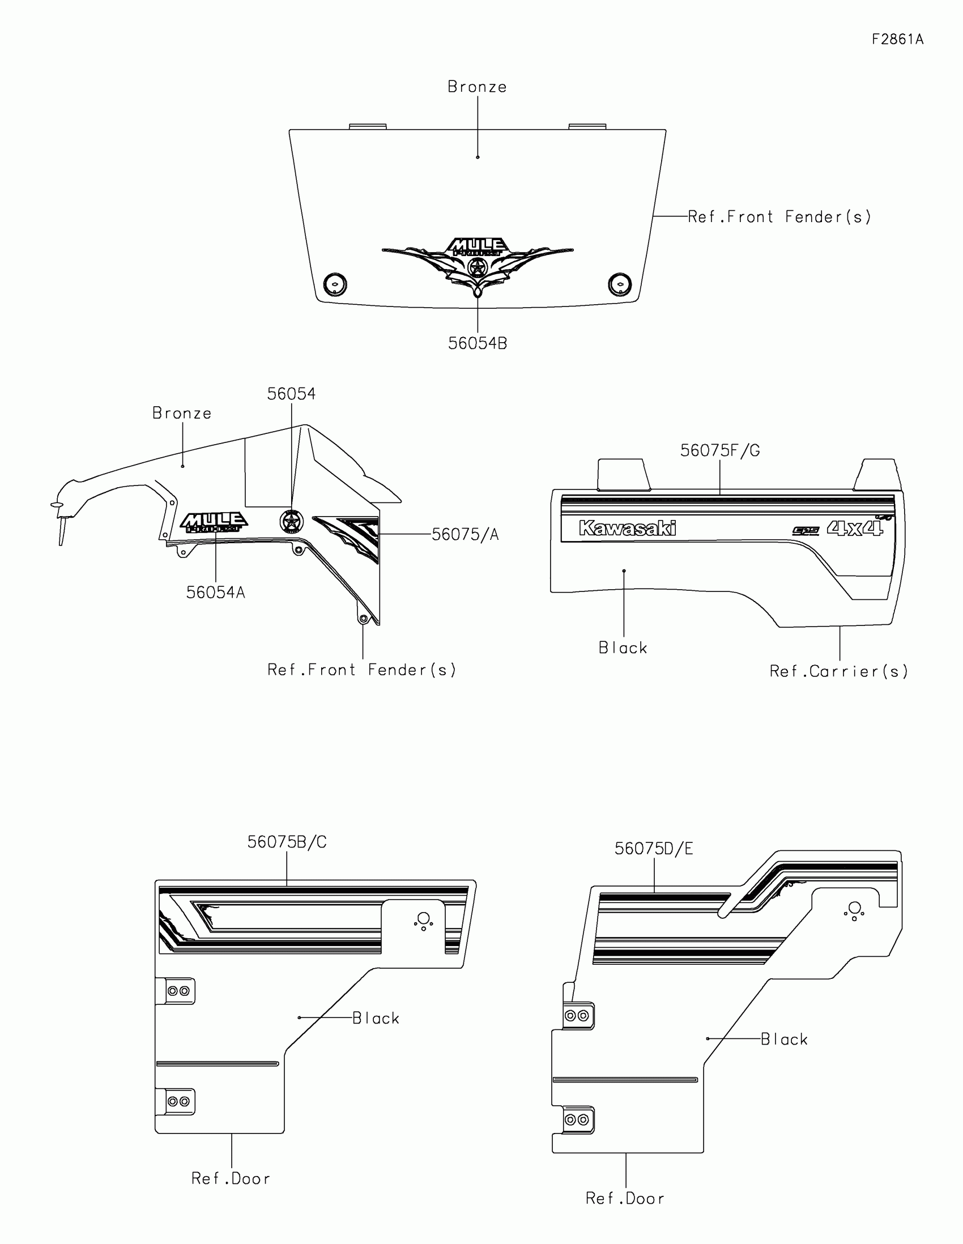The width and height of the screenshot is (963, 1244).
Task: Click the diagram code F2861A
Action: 897,39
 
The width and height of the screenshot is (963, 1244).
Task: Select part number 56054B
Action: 477,343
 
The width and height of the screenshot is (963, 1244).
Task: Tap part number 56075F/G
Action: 720,451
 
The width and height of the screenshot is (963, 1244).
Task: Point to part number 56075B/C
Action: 287,842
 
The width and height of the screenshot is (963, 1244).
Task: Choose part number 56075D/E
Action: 653,849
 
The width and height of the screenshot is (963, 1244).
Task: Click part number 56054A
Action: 215,593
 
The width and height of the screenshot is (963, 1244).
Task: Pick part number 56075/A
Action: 465,535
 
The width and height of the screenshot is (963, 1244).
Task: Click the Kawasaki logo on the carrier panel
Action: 627,529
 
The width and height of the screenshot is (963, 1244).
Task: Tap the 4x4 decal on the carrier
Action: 854,529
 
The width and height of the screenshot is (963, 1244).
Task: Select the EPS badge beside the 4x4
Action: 806,531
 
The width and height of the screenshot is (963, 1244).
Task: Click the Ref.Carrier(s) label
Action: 838,671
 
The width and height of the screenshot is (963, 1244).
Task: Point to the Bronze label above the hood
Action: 476,87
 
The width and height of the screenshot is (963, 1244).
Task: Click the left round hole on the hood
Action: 335,283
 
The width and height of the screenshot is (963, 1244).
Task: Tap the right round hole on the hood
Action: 620,284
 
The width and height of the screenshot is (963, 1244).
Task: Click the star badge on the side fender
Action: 291,522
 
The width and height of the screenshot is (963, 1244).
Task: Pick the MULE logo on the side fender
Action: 214,522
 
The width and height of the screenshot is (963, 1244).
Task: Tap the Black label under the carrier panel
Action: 623,648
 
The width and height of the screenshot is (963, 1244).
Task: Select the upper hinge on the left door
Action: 178,991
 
